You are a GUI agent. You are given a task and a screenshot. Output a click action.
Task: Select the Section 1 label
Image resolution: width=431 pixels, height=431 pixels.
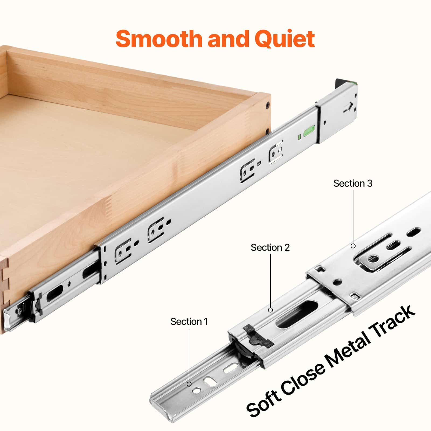tap(189, 321)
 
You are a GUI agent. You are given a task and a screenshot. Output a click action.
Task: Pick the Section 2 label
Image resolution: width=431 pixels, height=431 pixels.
tap(270, 247)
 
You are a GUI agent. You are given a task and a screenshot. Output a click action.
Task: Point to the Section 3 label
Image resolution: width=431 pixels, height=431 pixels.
tap(353, 183)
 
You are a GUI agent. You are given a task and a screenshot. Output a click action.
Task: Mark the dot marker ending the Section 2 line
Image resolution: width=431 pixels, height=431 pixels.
tap(270, 310)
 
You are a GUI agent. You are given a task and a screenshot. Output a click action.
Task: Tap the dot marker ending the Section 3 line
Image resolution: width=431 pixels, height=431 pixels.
tap(353, 246)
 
